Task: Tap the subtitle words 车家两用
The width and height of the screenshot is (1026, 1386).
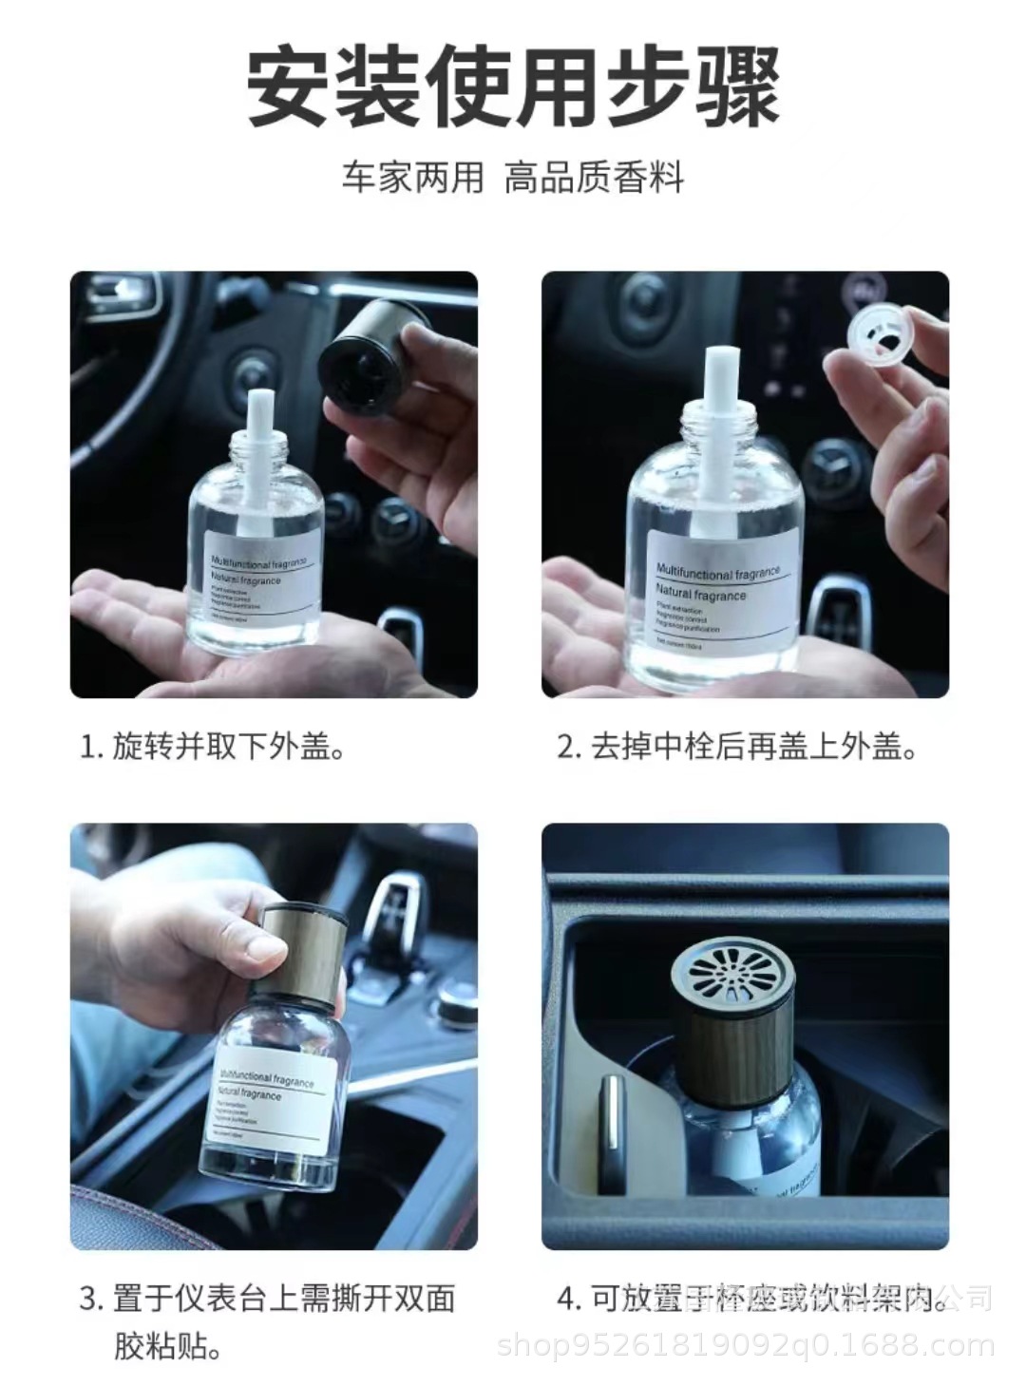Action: [413, 178]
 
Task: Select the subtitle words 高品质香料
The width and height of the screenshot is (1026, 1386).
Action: [594, 178]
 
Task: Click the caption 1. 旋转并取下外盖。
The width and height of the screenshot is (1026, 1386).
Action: [213, 747]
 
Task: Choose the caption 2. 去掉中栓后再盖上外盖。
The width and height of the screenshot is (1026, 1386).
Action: [738, 747]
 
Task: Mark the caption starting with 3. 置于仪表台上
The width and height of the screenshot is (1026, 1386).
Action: [266, 1320]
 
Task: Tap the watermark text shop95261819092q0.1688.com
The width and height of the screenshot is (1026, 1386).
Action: [747, 1346]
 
